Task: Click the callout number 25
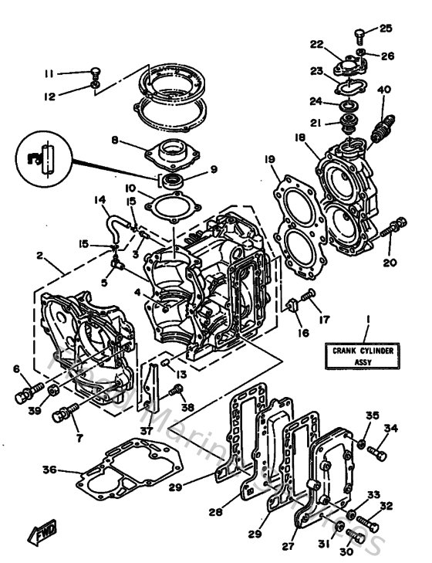point(385,29)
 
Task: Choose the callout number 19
point(268,160)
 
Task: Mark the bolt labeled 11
point(93,73)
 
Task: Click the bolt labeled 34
point(377,450)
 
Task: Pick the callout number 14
point(100,200)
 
